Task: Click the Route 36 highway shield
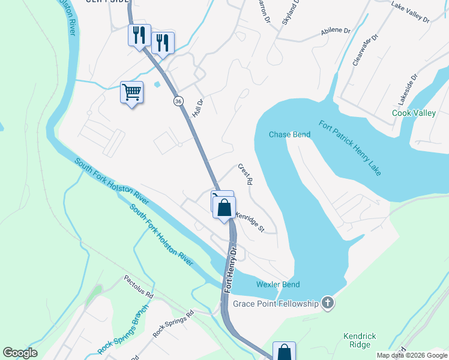point(178,101)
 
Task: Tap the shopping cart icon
point(131,92)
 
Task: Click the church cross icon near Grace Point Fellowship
point(327,303)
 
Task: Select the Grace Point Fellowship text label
point(276,304)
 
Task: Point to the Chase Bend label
point(289,134)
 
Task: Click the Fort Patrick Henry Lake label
point(350,149)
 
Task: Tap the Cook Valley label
point(414,113)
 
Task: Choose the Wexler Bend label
point(278,284)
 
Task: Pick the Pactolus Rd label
point(139,287)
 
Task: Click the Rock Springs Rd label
point(173,323)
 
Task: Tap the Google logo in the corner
point(20,353)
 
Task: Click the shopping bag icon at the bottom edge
point(284,352)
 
